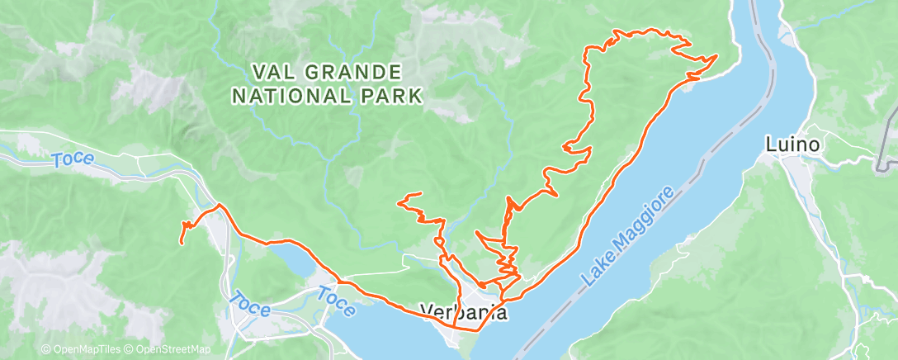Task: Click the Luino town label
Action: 792,145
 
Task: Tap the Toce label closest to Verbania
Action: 338,301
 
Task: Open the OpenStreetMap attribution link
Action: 165,350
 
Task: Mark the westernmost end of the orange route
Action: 182,243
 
